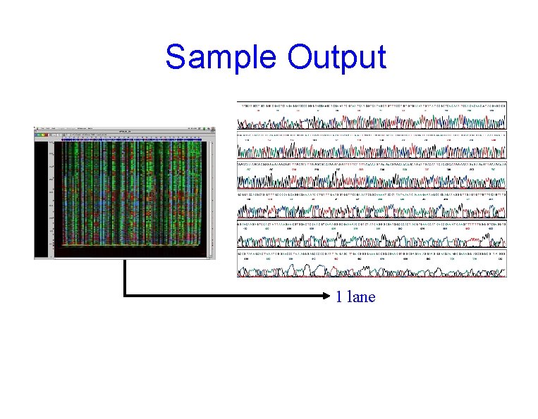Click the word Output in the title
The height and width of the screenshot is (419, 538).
pos(337,57)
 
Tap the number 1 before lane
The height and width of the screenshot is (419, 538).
pos(339,297)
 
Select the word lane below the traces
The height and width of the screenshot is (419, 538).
pos(361,297)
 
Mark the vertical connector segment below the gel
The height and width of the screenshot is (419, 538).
pos(124,278)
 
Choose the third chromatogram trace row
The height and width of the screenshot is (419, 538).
pos(372,179)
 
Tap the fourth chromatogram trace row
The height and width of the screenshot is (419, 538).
pos(372,208)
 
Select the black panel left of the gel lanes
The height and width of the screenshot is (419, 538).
pos(42,197)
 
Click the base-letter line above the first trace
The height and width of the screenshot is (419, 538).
pos(372,105)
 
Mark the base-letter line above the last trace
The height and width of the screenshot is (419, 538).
pos(372,252)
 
